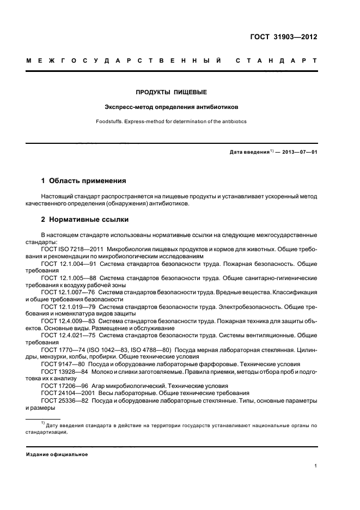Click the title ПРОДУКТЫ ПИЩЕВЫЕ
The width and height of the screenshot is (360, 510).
click(x=172, y=92)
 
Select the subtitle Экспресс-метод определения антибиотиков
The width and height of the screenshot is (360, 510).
click(x=172, y=107)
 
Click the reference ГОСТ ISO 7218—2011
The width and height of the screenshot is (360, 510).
click(x=73, y=248)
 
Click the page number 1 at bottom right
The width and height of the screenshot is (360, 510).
click(x=315, y=466)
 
